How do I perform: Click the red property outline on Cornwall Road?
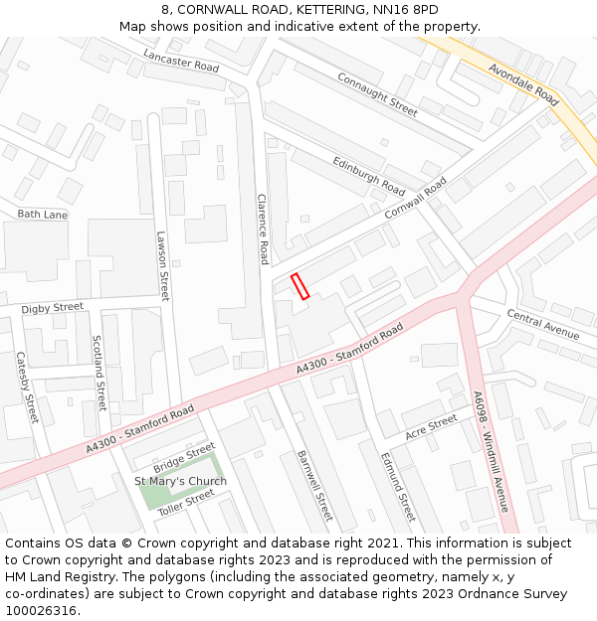click(x=300, y=286)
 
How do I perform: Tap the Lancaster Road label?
click(x=180, y=60)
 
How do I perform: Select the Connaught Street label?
click(x=377, y=93)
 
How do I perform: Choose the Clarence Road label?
click(x=263, y=229)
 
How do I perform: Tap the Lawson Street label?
click(x=163, y=265)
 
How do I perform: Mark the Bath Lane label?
click(x=42, y=214)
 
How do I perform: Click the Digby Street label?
click(x=53, y=308)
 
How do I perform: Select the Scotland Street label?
click(x=99, y=372)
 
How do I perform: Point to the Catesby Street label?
click(x=26, y=387)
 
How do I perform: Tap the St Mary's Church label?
click(x=180, y=481)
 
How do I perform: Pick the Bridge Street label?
click(x=184, y=459)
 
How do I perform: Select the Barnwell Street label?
click(x=314, y=485)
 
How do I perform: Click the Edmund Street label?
click(x=398, y=487)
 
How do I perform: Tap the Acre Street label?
click(x=431, y=427)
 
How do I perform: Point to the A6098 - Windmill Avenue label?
click(x=493, y=452)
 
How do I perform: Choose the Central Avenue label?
click(x=542, y=324)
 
